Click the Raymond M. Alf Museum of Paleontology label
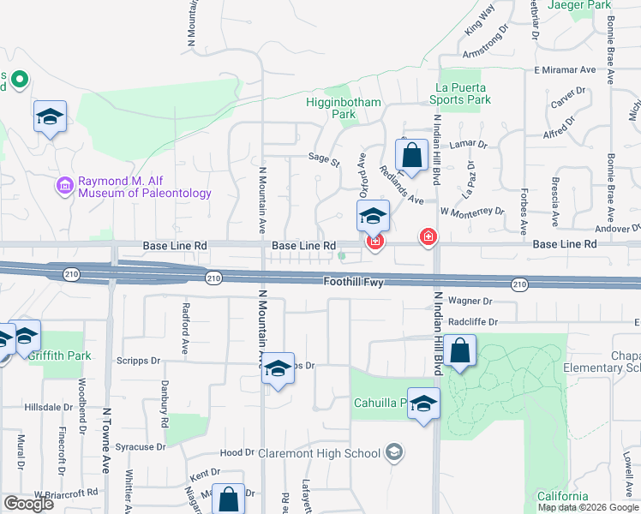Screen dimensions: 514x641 [x=144, y=187]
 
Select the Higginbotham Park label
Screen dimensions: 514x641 [x=343, y=107]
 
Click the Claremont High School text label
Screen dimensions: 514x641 [x=325, y=453]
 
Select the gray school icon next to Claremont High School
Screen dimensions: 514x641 [x=393, y=451]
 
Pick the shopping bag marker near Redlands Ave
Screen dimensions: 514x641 [x=412, y=157]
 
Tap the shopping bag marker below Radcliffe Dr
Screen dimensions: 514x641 [x=460, y=351]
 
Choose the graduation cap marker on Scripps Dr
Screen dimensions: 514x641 [x=278, y=369]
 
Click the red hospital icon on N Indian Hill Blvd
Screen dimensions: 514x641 [x=427, y=237]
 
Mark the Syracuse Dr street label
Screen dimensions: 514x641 [x=141, y=447]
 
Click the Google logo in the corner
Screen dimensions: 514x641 [x=28, y=504]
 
